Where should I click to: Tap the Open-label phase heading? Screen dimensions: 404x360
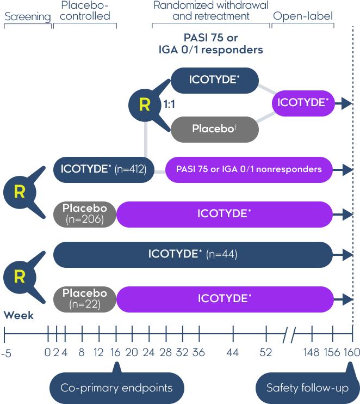[303, 16]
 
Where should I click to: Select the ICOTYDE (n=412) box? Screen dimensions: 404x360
[104, 169]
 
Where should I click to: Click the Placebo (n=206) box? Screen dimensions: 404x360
[85, 214]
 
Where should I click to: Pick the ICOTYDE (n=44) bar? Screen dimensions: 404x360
[193, 254]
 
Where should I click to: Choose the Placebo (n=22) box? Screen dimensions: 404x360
[85, 298]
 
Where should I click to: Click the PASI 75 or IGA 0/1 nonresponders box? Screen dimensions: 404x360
[249, 169]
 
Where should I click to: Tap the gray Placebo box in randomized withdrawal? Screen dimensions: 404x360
[215, 130]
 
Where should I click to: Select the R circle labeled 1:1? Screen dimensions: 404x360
[144, 105]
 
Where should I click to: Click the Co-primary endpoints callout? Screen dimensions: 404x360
[116, 388]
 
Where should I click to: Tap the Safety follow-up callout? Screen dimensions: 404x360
[307, 388]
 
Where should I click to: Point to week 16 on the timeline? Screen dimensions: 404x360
[116, 353]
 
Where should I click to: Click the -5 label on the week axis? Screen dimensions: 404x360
[6, 353]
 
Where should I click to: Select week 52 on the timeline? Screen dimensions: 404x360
[265, 353]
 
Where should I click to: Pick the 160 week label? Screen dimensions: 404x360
[351, 353]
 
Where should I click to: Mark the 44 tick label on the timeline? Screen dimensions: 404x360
[233, 353]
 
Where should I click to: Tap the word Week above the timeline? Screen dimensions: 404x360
[18, 315]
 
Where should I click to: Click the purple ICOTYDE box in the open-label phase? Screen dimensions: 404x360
[303, 103]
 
